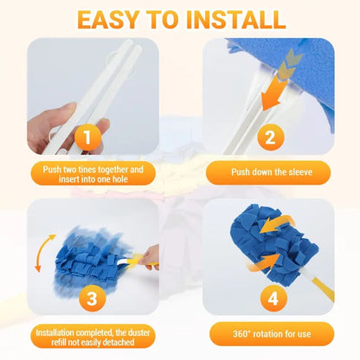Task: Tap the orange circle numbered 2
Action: click(x=269, y=137)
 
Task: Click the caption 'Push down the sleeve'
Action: click(x=269, y=173)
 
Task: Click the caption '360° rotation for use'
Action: click(x=269, y=334)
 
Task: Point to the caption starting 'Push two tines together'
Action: click(x=90, y=173)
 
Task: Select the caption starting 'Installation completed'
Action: click(x=90, y=334)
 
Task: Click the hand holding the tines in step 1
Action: click(x=52, y=125)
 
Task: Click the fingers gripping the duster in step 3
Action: click(x=151, y=256)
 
